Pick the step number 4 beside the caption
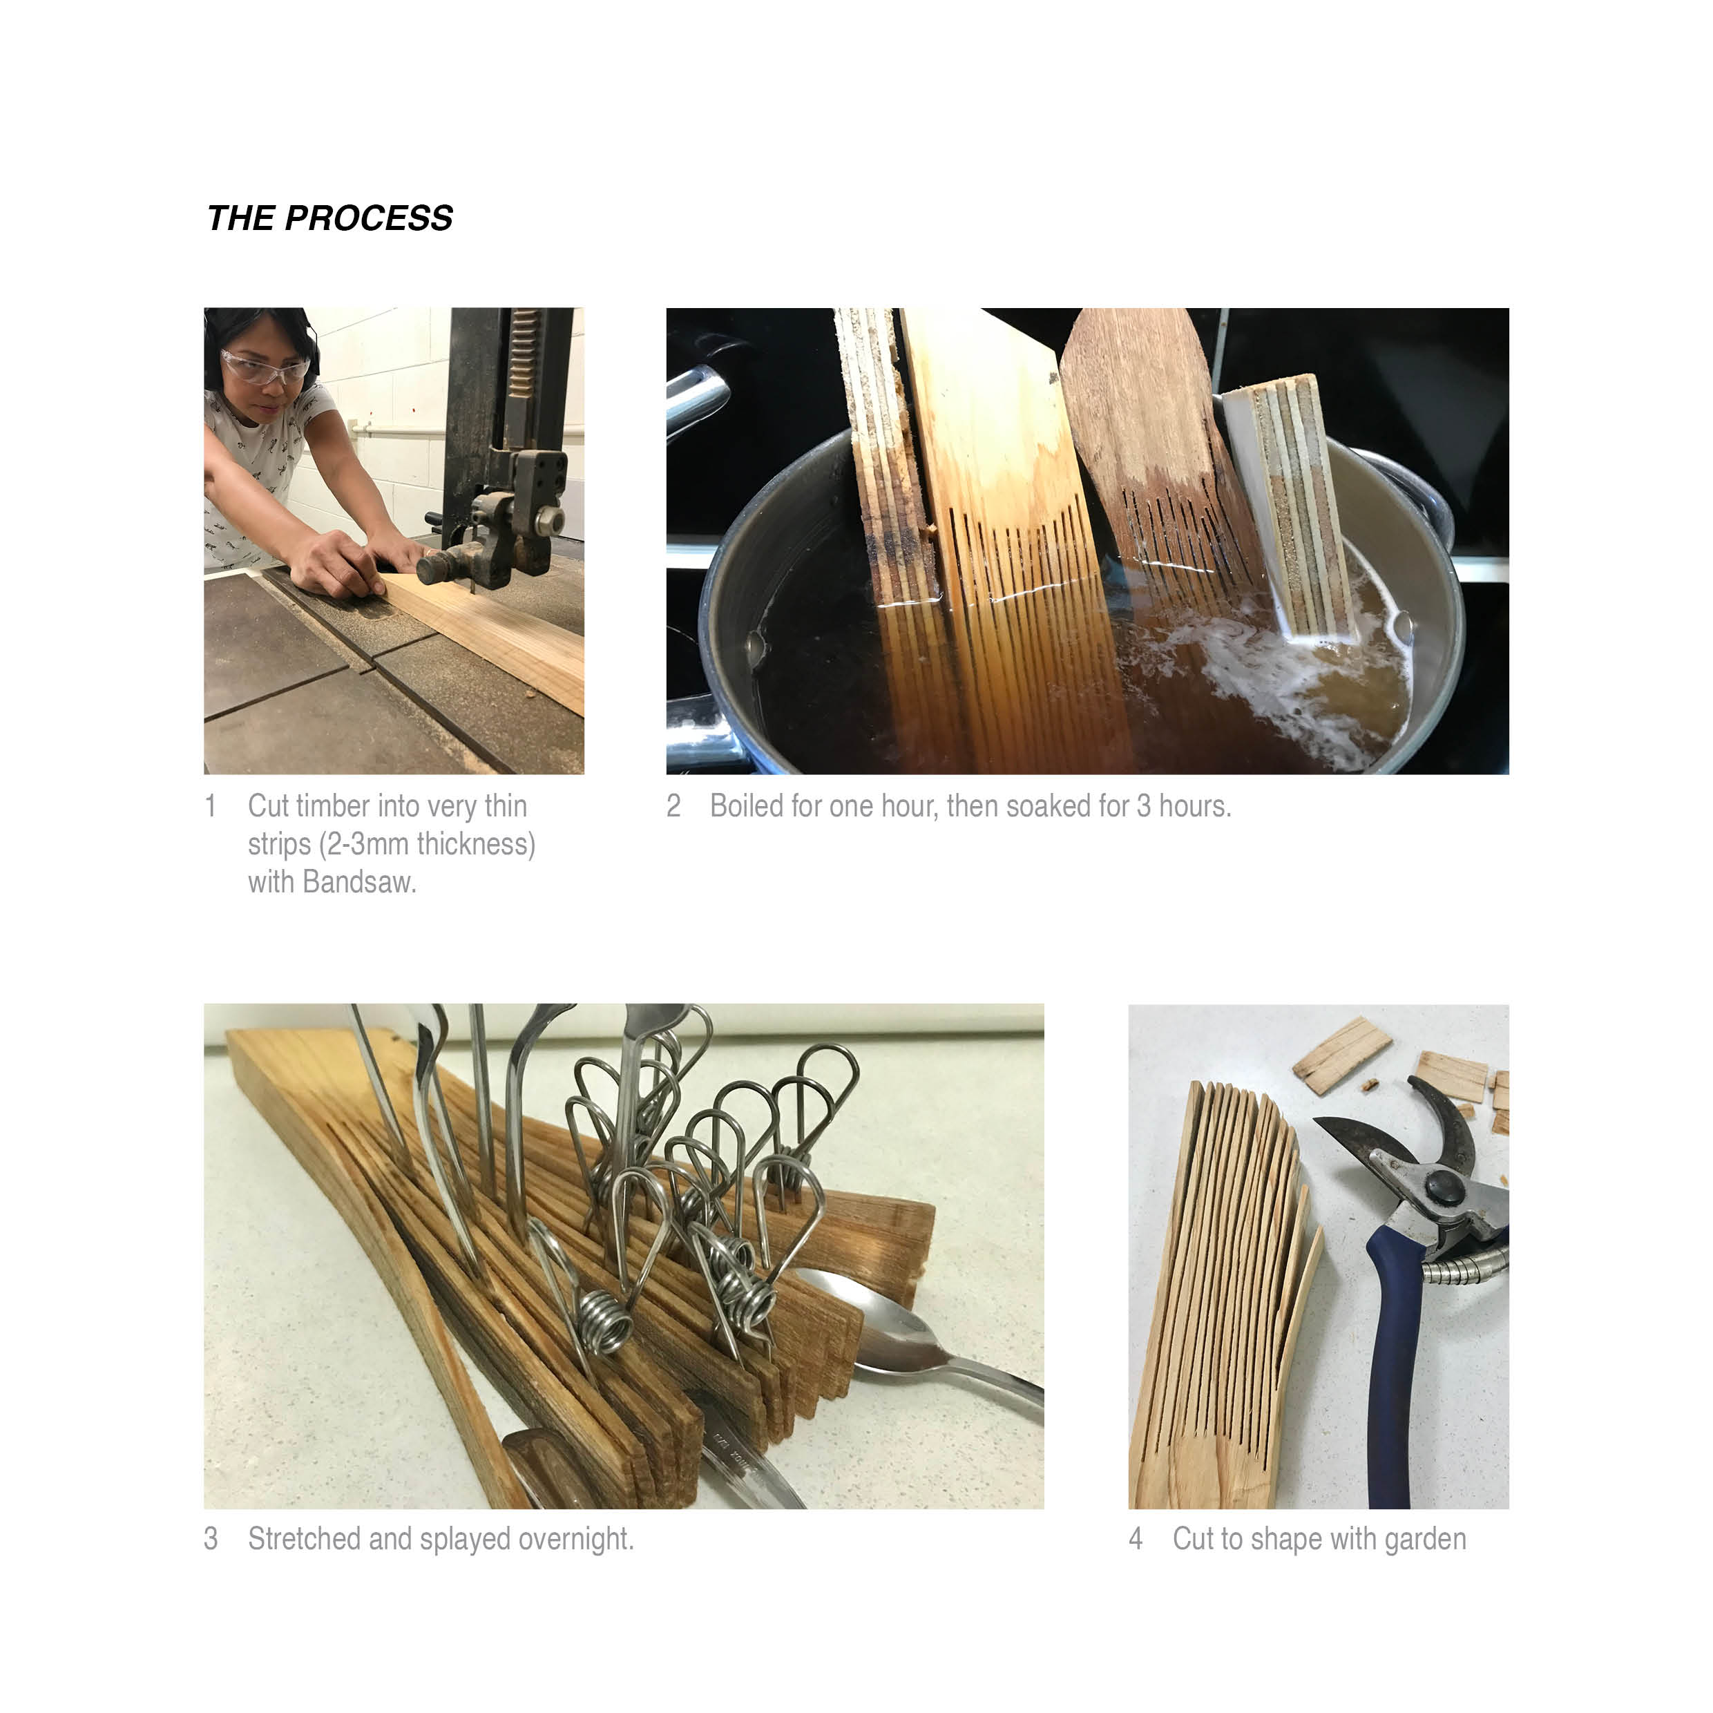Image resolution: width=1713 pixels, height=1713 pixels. tap(1136, 1539)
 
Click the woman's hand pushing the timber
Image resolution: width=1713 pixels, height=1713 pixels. tap(335, 564)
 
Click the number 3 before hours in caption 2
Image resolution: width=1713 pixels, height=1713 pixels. tap(1144, 806)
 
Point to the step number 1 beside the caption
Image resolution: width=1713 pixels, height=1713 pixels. tap(210, 806)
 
